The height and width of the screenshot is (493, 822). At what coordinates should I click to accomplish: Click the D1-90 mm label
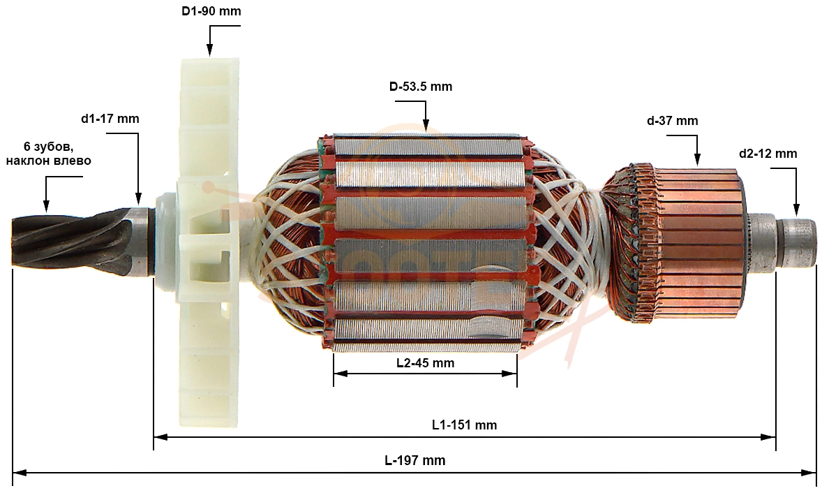coord(212,11)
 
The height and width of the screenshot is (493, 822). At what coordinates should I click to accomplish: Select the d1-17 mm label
coord(110,119)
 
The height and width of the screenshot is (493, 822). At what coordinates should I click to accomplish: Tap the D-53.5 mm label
coord(421,87)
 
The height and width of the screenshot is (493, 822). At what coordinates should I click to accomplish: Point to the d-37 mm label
coord(673,121)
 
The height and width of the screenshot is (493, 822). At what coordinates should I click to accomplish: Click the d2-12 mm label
coord(768,154)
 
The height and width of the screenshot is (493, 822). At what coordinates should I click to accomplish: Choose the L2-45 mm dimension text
coord(425,363)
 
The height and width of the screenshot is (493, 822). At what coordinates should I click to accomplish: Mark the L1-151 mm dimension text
coord(465,425)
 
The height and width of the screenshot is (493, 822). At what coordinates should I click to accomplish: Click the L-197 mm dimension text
coord(414,460)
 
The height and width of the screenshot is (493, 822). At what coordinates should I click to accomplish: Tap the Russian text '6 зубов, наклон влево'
coord(48,153)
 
